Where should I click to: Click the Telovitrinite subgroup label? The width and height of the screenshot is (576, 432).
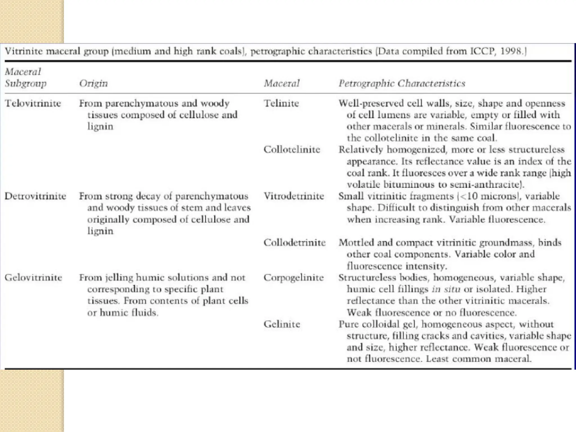click(33, 103)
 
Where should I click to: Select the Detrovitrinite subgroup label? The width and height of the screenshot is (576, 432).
click(35, 196)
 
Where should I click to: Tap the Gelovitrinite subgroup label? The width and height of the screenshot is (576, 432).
click(33, 278)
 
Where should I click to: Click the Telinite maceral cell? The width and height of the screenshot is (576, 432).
click(281, 103)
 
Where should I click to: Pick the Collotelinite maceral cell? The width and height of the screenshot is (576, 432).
click(292, 149)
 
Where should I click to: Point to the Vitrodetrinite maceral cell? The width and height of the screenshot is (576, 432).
click(294, 196)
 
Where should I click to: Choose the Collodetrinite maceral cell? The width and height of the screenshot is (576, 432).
click(294, 242)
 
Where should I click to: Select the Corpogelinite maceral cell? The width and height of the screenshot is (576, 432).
click(294, 278)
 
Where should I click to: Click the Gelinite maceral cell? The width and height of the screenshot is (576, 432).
click(282, 324)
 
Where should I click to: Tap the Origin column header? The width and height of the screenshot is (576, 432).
click(93, 83)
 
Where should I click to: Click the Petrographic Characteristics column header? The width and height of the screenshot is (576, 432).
click(402, 83)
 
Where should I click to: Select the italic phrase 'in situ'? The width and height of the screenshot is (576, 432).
click(446, 289)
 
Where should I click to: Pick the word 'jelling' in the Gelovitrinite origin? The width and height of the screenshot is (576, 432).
click(119, 278)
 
